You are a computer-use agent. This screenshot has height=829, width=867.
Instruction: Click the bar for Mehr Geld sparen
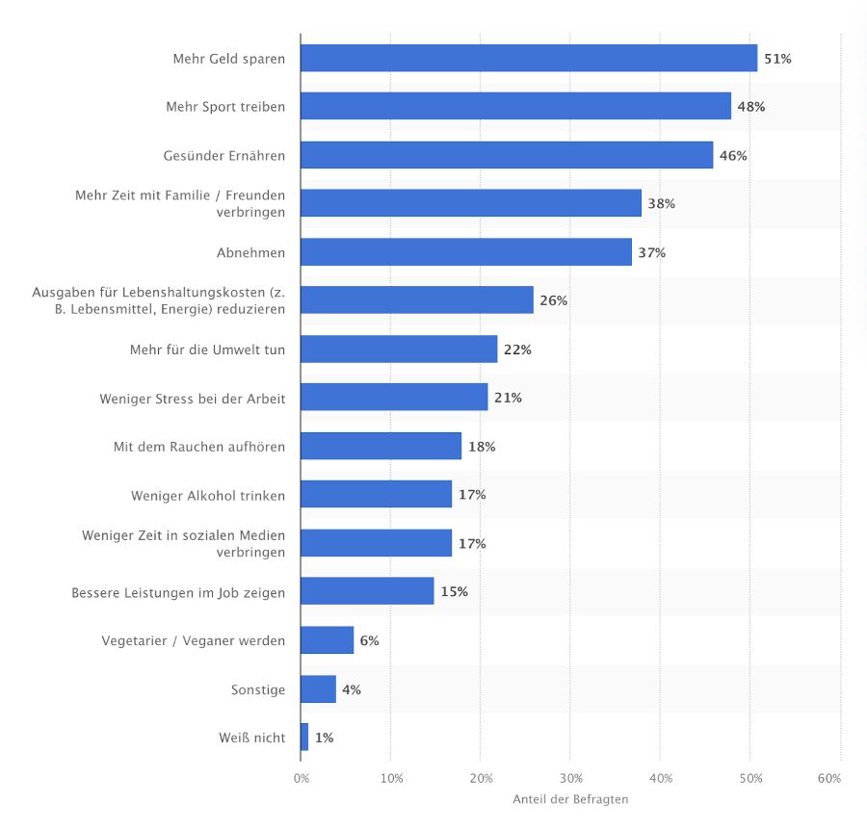pos(529,59)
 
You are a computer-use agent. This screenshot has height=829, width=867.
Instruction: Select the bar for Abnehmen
pos(466,252)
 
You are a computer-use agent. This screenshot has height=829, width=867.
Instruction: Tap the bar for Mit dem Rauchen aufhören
pos(381,447)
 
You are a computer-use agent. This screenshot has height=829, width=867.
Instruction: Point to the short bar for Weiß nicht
pos(304,738)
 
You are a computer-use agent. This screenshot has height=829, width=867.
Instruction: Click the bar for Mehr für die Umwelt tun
pos(399,350)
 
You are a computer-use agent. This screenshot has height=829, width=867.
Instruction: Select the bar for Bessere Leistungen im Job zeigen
pos(367,592)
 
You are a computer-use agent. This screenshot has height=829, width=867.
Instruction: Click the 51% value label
pos(777,59)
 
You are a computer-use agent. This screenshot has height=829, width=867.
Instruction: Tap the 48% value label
pos(750,107)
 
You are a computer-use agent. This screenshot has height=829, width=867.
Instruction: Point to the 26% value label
pos(553,300)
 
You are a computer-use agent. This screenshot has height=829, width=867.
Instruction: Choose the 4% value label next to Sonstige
pos(352,689)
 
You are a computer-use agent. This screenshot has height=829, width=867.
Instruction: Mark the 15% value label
pos(454,592)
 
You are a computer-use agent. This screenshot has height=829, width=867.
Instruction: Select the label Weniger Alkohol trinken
pos(208,496)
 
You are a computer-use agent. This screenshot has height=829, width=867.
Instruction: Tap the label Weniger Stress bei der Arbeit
pos(193,398)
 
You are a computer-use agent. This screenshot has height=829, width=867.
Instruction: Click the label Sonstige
pos(258,689)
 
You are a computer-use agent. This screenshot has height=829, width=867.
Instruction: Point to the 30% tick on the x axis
pos(570,778)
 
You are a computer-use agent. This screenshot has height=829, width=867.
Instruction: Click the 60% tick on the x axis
pos(829,778)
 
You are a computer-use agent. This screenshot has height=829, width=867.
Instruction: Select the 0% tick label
pos(302,778)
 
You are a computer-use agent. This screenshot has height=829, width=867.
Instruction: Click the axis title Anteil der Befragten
pos(570,799)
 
